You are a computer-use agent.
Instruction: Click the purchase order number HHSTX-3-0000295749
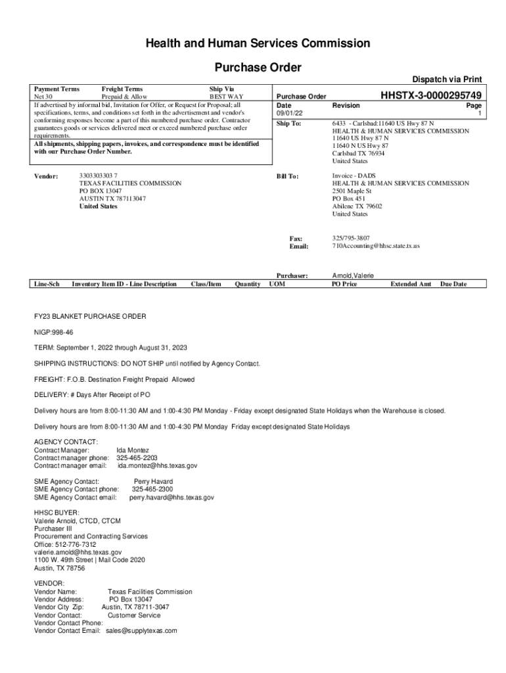[431, 96]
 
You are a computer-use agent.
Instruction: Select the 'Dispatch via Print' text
[447, 80]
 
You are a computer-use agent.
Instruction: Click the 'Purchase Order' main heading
[258, 67]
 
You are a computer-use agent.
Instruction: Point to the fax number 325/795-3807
[351, 238]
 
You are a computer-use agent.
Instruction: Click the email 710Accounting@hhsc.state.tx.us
[376, 246]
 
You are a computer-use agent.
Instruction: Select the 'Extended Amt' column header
[411, 284]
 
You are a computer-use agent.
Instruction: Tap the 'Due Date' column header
[453, 284]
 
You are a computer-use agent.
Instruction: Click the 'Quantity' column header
[247, 284]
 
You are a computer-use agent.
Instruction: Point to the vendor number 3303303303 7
[99, 176]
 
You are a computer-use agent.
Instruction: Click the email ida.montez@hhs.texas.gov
[157, 465]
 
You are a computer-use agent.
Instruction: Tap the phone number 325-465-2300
[152, 489]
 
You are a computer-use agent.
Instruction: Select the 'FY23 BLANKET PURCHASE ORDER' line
[90, 316]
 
